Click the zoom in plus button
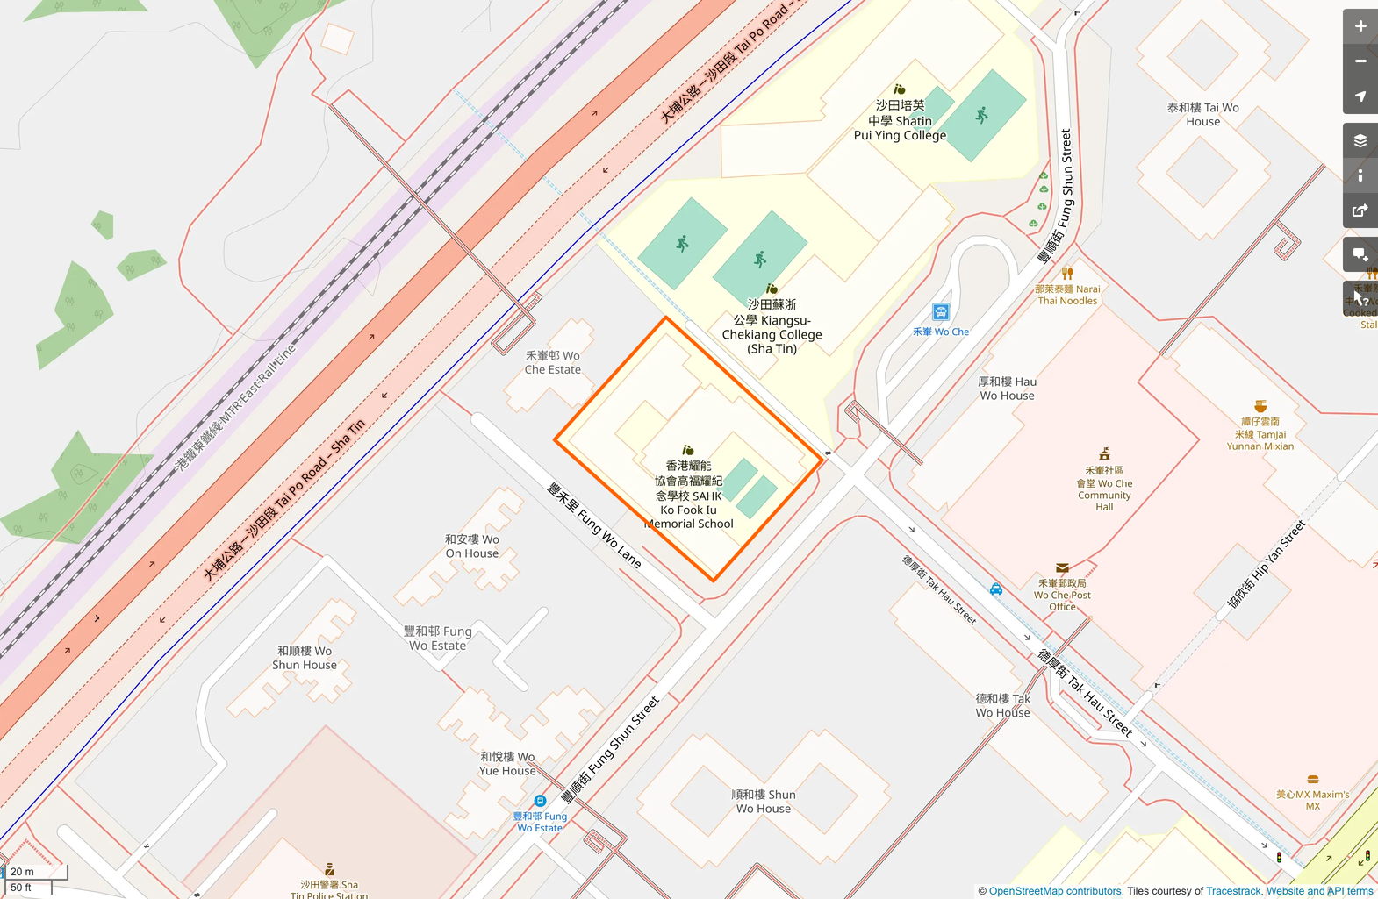pyautogui.click(x=1360, y=26)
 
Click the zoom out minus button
pyautogui.click(x=1360, y=61)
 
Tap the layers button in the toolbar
pyautogui.click(x=1360, y=140)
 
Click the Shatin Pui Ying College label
pyautogui.click(x=900, y=121)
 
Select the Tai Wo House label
pyautogui.click(x=1202, y=115)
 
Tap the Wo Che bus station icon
pyautogui.click(x=941, y=312)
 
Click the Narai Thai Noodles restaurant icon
pyautogui.click(x=1067, y=274)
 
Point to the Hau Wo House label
pyautogui.click(x=1007, y=389)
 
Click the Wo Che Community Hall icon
pyautogui.click(x=1105, y=453)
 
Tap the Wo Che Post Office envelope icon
pyautogui.click(x=1062, y=568)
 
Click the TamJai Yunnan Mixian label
pyautogui.click(x=1260, y=434)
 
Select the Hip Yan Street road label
pyautogui.click(x=1266, y=565)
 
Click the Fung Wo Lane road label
pyautogui.click(x=594, y=524)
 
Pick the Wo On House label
pyautogui.click(x=471, y=546)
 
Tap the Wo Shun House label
pyautogui.click(x=304, y=658)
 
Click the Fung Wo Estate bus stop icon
pyautogui.click(x=541, y=801)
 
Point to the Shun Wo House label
pyautogui.click(x=763, y=802)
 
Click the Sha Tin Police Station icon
pyautogui.click(x=329, y=870)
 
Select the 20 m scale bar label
pyautogui.click(x=23, y=872)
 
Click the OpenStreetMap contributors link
pyautogui.click(x=1055, y=891)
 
